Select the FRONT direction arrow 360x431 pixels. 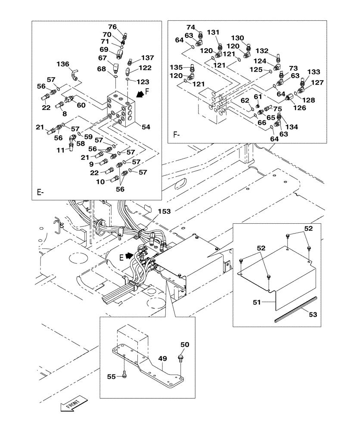pyautogui.click(x=72, y=405)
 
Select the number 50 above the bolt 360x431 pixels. pyautogui.click(x=185, y=345)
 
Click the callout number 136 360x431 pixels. pyautogui.click(x=63, y=64)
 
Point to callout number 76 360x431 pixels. pyautogui.click(x=112, y=27)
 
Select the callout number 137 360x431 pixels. pyautogui.click(x=148, y=57)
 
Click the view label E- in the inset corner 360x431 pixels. pyautogui.click(x=40, y=192)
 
